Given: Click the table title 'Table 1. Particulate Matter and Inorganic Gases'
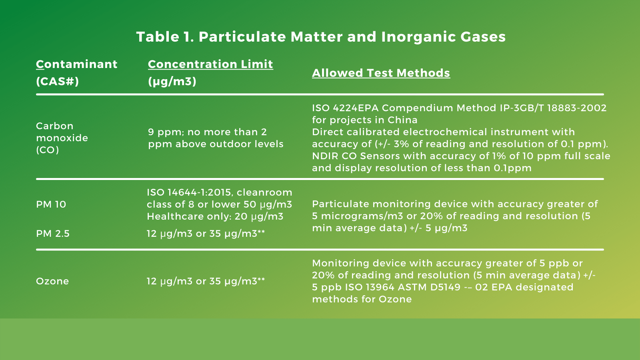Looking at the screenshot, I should pyautogui.click(x=321, y=37).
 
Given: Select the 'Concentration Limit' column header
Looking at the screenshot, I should pyautogui.click(x=210, y=64).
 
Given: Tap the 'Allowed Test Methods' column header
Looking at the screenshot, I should pyautogui.click(x=381, y=73).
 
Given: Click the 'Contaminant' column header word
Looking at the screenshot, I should pyautogui.click(x=77, y=64).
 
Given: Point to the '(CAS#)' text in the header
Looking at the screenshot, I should pyautogui.click(x=58, y=82).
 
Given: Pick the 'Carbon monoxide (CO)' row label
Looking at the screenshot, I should pyautogui.click(x=62, y=138).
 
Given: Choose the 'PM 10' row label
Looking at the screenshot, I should pyautogui.click(x=51, y=204).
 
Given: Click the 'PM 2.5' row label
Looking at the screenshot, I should pyautogui.click(x=53, y=234).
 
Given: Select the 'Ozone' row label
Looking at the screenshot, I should pyautogui.click(x=52, y=281).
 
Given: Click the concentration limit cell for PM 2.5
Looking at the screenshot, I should pyautogui.click(x=206, y=234).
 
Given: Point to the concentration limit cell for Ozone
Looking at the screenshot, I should pyautogui.click(x=206, y=281).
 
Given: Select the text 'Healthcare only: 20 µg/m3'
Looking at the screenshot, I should pyautogui.click(x=215, y=216).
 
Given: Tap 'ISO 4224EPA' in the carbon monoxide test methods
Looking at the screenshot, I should pyautogui.click(x=346, y=108).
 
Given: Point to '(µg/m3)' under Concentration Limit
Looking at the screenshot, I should pyautogui.click(x=172, y=82).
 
